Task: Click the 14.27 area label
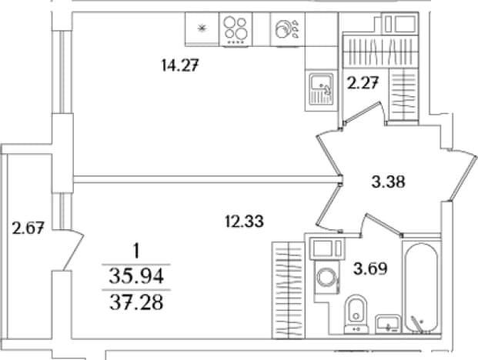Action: coord(180,65)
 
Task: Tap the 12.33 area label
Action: coord(244,221)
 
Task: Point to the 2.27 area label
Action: coord(363,83)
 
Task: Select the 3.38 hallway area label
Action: coord(389,182)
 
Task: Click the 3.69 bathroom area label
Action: coord(370,268)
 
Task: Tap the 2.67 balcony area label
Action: coord(28,228)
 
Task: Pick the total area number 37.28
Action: coord(136,303)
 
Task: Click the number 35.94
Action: coord(136,277)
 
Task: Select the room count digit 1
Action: coord(136,252)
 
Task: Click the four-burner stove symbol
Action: coord(236,29)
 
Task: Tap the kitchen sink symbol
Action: coord(321,88)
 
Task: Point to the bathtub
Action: coord(421,287)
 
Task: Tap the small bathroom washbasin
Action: coord(388,324)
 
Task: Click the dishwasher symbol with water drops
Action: coord(288,29)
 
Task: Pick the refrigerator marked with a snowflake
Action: coord(202,29)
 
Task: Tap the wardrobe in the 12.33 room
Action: coord(288,290)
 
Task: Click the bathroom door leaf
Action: coord(383,225)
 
